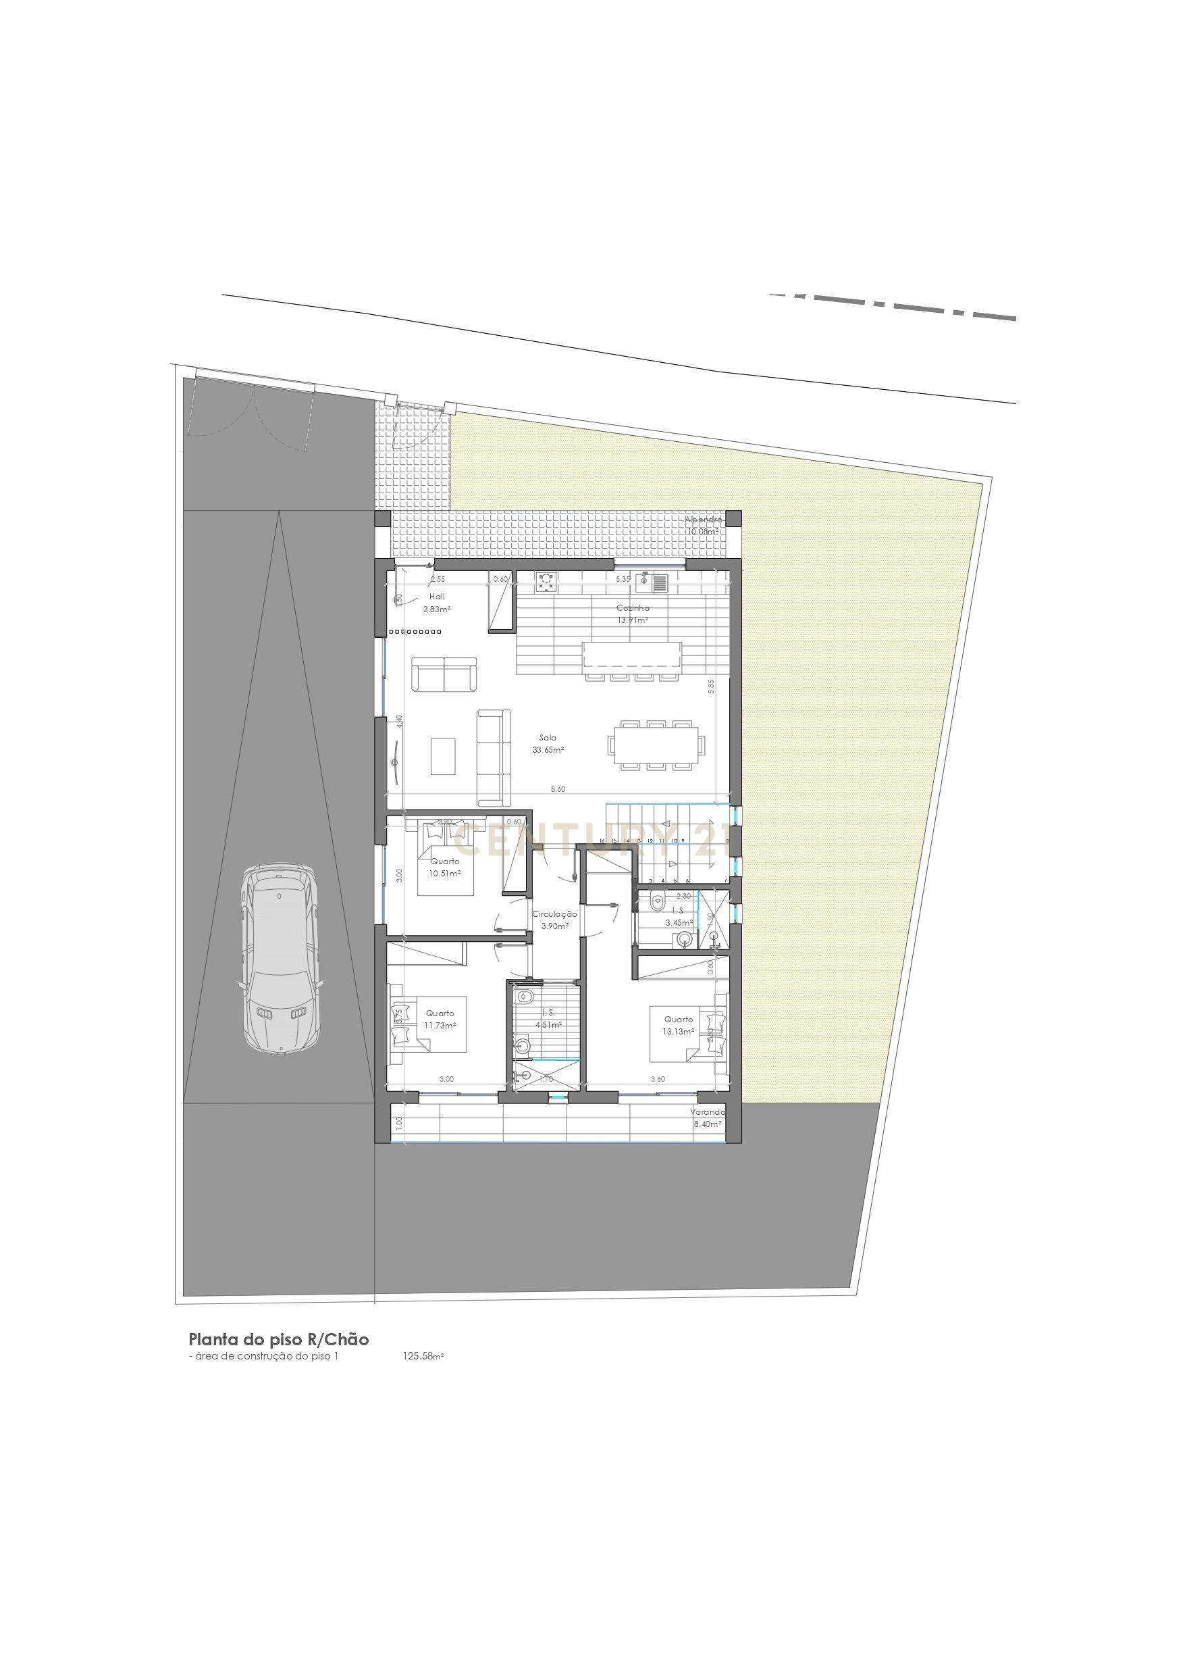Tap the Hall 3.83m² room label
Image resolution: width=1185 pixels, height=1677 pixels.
pos(437,603)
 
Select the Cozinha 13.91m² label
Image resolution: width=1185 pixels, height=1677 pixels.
pos(632,614)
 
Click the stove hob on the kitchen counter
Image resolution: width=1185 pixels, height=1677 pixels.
pos(546,580)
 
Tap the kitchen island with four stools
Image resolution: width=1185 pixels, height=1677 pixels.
pos(631,655)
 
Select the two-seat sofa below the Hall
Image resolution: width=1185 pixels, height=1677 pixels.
pos(444,674)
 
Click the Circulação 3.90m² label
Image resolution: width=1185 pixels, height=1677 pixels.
pos(554,920)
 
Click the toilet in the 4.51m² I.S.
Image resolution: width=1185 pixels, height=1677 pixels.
pos(523,998)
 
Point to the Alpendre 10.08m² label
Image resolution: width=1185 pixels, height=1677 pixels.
pos(702,525)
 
